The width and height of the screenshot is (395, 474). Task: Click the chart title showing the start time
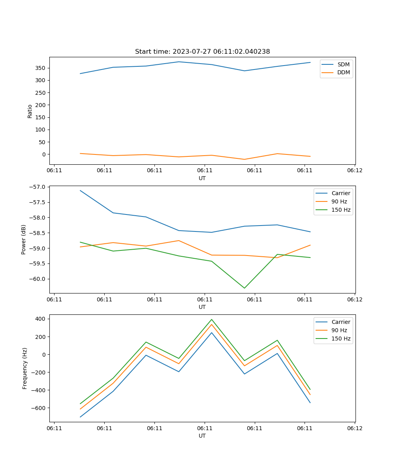click(x=202, y=52)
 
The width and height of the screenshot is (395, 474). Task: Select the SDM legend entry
click(x=343, y=64)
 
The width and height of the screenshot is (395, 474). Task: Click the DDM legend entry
click(x=343, y=73)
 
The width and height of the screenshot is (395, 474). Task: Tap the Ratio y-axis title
click(x=30, y=111)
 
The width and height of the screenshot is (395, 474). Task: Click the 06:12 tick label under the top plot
click(x=355, y=171)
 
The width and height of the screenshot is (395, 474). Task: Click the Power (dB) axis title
click(x=24, y=239)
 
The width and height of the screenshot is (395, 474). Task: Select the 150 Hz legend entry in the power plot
click(x=341, y=210)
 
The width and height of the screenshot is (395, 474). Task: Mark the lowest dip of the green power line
click(x=244, y=288)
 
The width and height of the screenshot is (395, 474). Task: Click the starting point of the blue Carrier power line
click(x=80, y=190)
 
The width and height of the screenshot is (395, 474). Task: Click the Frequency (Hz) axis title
click(x=25, y=368)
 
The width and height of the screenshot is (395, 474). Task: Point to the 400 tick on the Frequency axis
click(x=41, y=319)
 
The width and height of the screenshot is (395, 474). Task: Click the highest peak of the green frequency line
click(x=211, y=320)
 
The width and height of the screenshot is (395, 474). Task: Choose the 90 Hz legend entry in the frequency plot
click(x=339, y=330)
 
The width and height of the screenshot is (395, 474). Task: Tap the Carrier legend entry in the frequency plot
click(x=340, y=322)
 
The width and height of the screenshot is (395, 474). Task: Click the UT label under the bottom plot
click(x=202, y=436)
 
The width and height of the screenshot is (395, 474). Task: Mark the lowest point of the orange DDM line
click(x=244, y=159)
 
